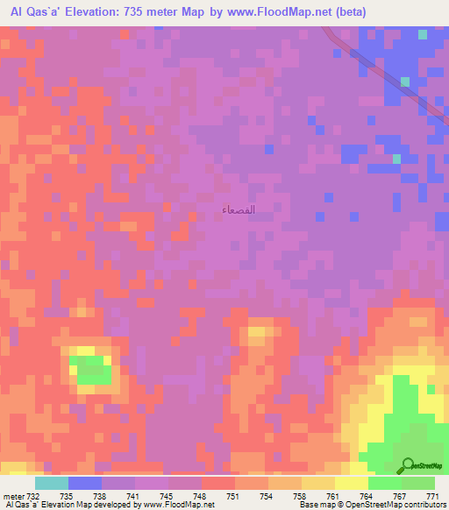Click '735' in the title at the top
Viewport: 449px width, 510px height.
pyautogui.click(x=153, y=11)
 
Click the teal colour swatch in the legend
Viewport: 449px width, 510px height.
pyautogui.click(x=51, y=483)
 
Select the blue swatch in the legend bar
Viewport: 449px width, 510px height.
pyautogui.click(x=84, y=483)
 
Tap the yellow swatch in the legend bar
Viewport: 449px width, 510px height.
pyautogui.click(x=351, y=483)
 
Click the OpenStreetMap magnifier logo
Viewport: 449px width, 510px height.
pyautogui.click(x=407, y=465)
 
